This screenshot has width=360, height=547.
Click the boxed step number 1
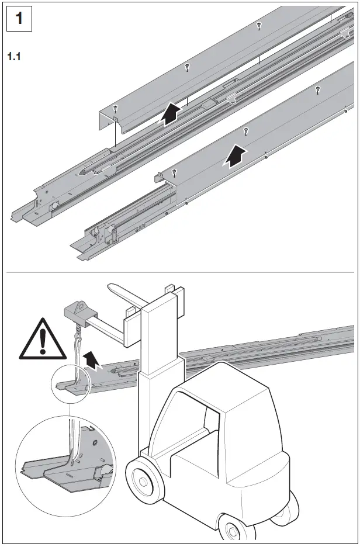point(19,19)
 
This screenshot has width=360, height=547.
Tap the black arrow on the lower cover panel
point(235,156)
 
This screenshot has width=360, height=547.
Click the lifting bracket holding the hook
point(76,310)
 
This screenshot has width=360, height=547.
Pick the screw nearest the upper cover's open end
point(116,108)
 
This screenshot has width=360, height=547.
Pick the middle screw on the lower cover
point(246,130)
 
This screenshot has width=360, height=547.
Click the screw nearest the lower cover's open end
point(175,171)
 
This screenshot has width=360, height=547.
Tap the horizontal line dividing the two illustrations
point(180,273)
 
